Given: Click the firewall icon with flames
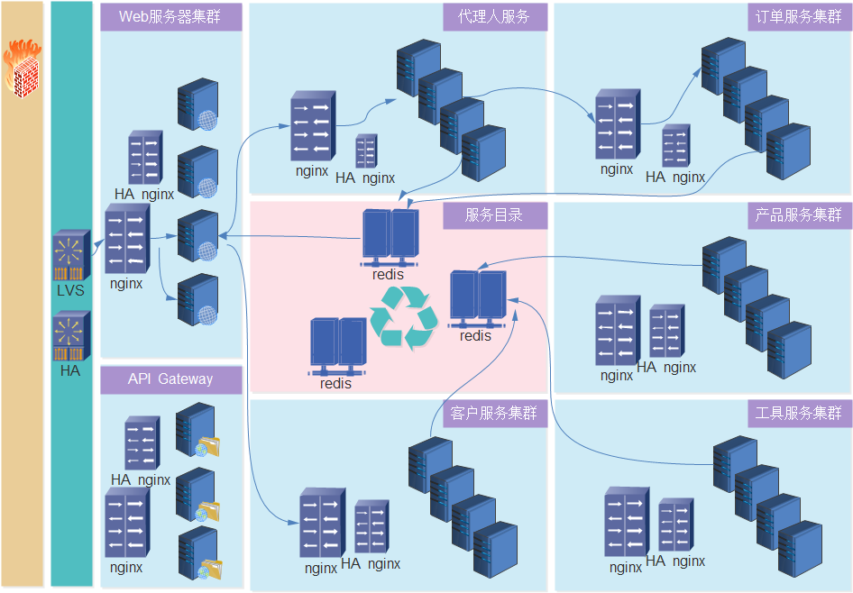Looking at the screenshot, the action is point(23,68).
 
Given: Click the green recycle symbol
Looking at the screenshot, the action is point(404,318).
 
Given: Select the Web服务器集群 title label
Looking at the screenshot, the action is point(170,17).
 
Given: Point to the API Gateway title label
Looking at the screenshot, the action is point(170,379).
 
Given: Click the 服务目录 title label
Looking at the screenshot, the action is point(494,215).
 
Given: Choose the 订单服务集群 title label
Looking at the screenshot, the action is point(799,17).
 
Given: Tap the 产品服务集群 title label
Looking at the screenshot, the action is point(799,215).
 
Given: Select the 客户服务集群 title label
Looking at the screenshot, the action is point(494,414).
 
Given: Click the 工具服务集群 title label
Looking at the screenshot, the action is point(799,414).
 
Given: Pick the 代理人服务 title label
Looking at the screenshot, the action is point(494,17).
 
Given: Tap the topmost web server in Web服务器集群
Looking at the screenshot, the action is point(198,105).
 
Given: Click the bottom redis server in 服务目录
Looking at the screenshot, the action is point(337,347).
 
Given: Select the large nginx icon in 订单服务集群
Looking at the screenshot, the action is point(618,124).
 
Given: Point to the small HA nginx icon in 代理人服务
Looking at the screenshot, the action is point(367,151).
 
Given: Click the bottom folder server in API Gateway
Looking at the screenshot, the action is point(199,553).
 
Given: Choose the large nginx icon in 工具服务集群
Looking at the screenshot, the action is point(627,522).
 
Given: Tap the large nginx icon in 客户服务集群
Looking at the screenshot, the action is point(322,523).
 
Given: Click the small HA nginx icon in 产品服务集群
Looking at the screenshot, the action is point(667,331).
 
